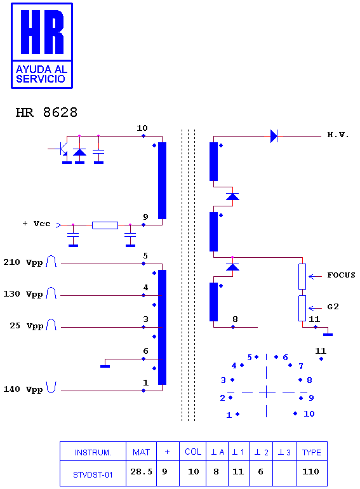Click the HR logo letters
42,32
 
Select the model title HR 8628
46,112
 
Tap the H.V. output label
338,135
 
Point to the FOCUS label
341,275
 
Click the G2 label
333,307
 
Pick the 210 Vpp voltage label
23,262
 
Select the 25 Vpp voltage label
27,326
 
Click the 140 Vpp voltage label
23,389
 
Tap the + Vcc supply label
36,224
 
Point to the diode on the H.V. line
274,137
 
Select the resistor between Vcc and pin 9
105,225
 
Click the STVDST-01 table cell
93,474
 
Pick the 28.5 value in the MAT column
141,471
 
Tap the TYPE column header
311,452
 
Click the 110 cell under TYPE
310,471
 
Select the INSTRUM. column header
93,453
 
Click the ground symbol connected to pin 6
105,366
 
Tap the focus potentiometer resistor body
302,277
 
